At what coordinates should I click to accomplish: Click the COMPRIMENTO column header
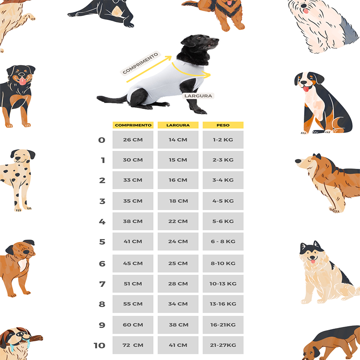133,125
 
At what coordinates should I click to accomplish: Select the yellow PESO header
223,125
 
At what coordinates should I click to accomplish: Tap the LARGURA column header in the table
178,125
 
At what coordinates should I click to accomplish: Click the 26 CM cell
133,140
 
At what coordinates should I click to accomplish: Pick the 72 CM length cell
133,345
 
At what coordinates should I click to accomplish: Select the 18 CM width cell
178,201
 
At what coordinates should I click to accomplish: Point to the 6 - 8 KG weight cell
223,241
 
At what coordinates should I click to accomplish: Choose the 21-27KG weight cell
223,345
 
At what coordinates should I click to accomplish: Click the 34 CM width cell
178,304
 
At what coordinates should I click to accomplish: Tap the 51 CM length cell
133,284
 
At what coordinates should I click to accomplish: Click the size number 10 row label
99,345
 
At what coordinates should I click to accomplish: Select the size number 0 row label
102,140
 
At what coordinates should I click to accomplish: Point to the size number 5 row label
102,242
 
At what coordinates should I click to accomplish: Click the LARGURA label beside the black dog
198,96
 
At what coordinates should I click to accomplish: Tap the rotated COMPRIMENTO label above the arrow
140,63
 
